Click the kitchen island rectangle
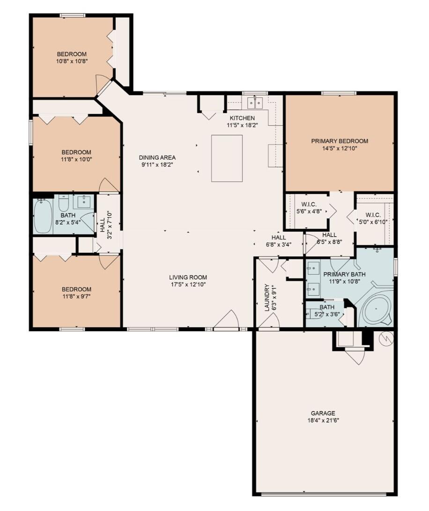pyautogui.click(x=227, y=158)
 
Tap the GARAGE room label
pyautogui.click(x=323, y=413)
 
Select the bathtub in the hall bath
pyautogui.click(x=43, y=216)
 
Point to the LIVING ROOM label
pyautogui.click(x=188, y=277)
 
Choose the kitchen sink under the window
pyautogui.click(x=255, y=103)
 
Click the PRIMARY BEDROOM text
pyautogui.click(x=340, y=141)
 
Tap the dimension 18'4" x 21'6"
pyautogui.click(x=323, y=420)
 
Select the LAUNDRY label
pyautogui.click(x=267, y=298)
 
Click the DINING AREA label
pyautogui.click(x=157, y=157)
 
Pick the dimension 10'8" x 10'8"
pyautogui.click(x=72, y=61)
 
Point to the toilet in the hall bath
pyautogui.click(x=63, y=203)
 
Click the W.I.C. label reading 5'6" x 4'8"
pyautogui.click(x=309, y=208)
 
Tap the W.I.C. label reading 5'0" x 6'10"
pyautogui.click(x=373, y=219)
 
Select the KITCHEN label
pyautogui.click(x=242, y=118)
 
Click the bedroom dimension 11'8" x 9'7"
pyautogui.click(x=77, y=296)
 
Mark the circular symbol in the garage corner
pyautogui.click(x=385, y=339)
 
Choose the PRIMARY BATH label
pyautogui.click(x=344, y=274)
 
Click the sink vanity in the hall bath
pyautogui.click(x=84, y=201)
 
